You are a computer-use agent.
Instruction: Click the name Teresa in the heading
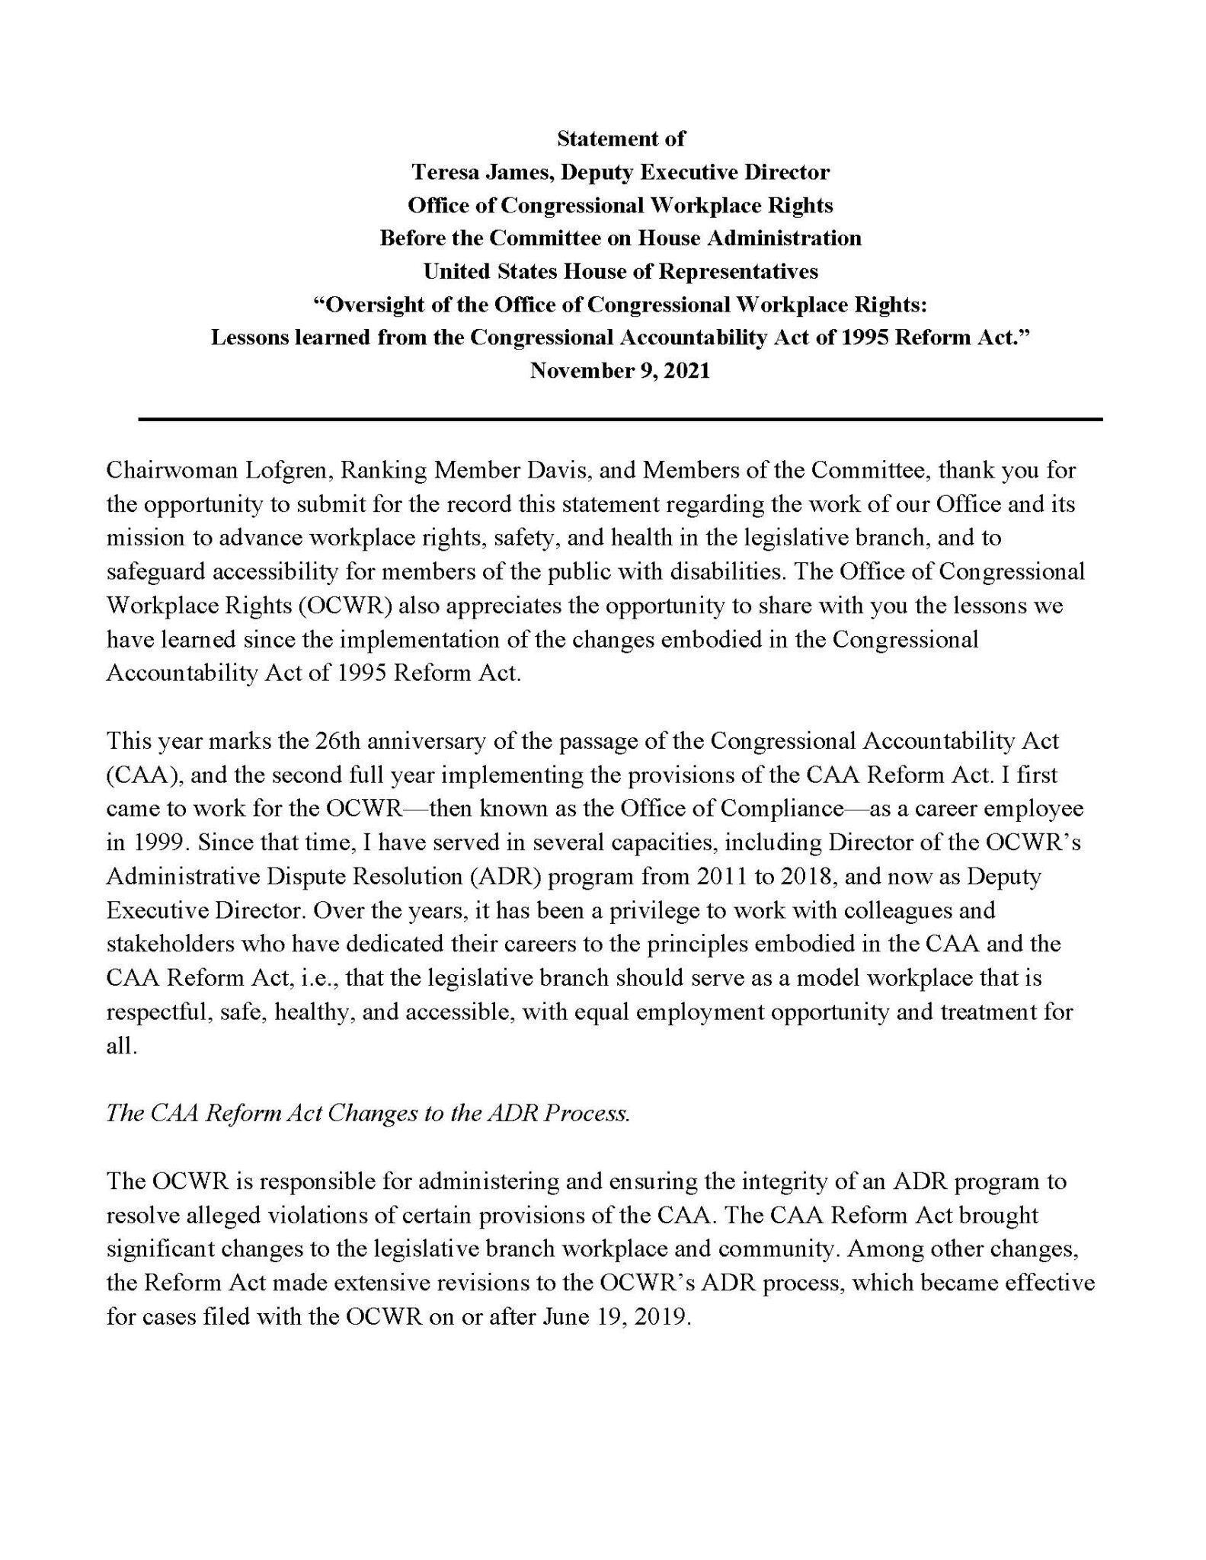coord(444,172)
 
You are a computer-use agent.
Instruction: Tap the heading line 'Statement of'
coord(621,139)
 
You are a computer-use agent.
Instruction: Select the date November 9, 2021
coord(620,371)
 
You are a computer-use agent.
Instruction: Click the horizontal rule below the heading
coord(620,419)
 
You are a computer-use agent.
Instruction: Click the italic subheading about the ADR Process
coord(368,1114)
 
